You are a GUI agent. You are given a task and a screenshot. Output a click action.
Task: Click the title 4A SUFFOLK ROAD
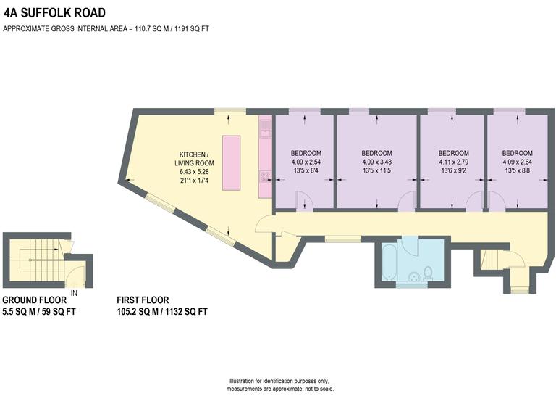(55, 13)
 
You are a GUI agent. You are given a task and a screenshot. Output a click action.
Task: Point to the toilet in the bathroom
(428, 273)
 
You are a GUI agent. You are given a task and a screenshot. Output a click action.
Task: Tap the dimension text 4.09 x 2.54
(306, 162)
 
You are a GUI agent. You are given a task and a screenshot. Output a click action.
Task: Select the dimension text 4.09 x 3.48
(376, 162)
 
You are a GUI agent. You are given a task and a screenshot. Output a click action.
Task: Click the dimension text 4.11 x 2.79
(454, 162)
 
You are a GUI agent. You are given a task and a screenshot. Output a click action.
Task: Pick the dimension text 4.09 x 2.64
(517, 162)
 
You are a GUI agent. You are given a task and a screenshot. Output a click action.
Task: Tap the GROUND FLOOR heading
(35, 300)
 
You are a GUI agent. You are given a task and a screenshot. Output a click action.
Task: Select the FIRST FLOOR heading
(143, 300)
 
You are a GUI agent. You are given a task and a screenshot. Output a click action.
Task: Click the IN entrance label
(74, 293)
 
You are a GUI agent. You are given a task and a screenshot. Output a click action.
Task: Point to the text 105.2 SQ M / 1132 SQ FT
(162, 312)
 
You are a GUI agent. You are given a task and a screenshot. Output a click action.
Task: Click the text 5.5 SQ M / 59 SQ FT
(39, 312)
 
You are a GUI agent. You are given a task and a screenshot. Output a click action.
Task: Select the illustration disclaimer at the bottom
(279, 384)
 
